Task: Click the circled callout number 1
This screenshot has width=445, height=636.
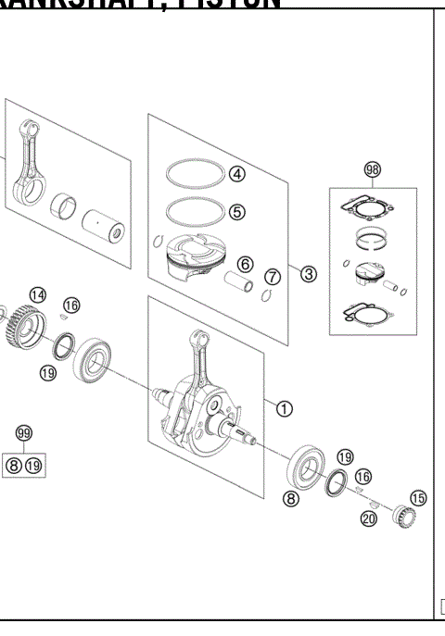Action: (x=285, y=406)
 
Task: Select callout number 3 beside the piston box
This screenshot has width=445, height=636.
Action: (x=309, y=273)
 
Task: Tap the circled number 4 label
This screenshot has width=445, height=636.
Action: (x=237, y=173)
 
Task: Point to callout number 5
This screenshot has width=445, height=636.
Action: (x=237, y=211)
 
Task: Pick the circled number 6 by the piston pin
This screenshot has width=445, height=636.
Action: (x=245, y=265)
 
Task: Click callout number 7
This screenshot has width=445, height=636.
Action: (x=273, y=276)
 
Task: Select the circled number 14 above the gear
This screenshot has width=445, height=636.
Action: (x=36, y=294)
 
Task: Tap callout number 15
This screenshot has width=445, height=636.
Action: (x=418, y=498)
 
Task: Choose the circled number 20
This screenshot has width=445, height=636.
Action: (x=368, y=518)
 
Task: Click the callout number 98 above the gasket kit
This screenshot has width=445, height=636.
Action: (x=373, y=168)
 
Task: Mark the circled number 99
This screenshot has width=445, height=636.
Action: (x=24, y=433)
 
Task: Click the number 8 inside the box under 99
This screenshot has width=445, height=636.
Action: (x=14, y=465)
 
